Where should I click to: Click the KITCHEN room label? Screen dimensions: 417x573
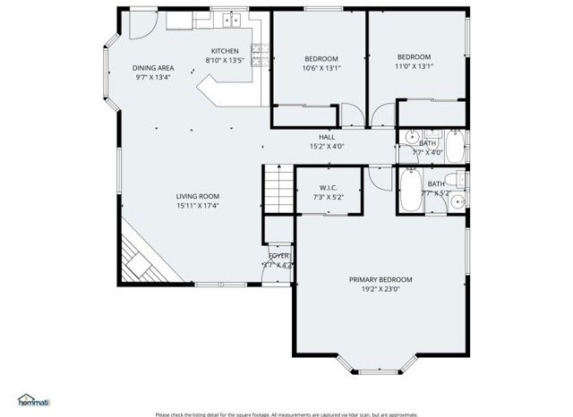(x=224, y=50)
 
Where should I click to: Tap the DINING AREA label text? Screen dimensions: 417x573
(x=153, y=68)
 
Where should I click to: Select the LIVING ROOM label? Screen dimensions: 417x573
(x=198, y=196)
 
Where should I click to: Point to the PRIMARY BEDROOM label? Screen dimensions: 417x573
(x=381, y=279)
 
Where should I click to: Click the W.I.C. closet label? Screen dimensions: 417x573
(x=328, y=187)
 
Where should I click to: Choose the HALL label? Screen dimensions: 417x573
(x=327, y=136)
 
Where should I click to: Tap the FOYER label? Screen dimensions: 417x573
(x=279, y=256)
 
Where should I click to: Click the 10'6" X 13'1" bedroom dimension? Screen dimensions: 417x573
(x=321, y=68)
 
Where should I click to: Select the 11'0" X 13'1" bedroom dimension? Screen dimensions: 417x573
(x=415, y=65)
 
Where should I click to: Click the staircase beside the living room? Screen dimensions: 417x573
(x=280, y=190)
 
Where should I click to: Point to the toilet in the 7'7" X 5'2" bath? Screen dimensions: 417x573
(x=458, y=200)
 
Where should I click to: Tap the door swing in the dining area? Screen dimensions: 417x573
(x=140, y=25)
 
